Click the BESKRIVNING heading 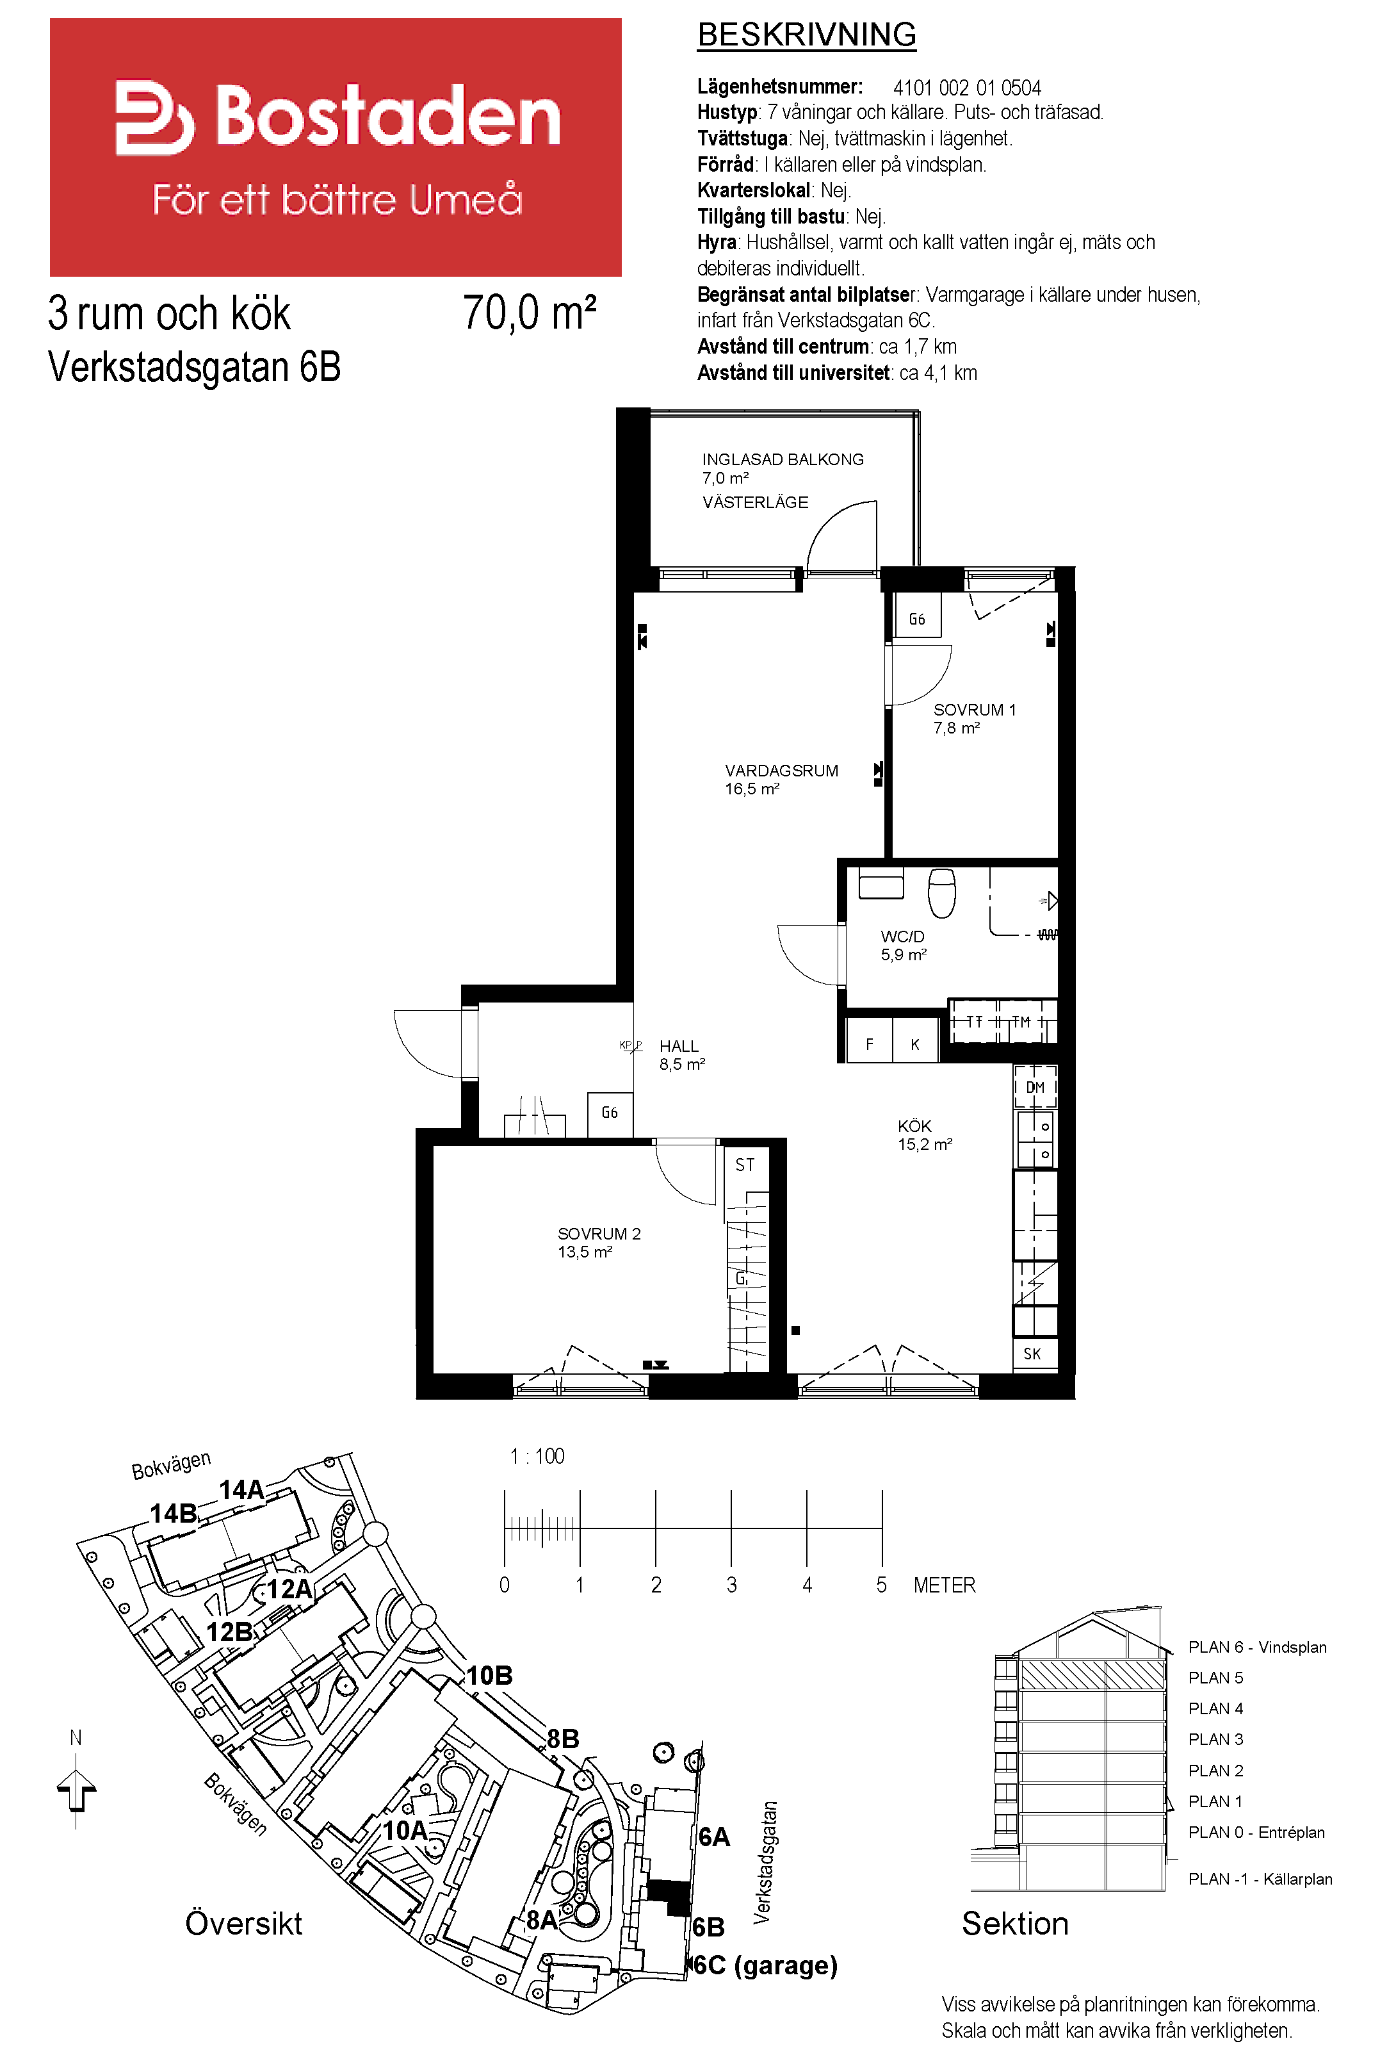pyautogui.click(x=806, y=35)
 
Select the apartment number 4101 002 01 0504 pyautogui.click(x=967, y=88)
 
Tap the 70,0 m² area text pyautogui.click(x=530, y=313)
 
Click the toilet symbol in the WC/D pyautogui.click(x=941, y=893)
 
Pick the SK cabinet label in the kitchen pyautogui.click(x=1032, y=1353)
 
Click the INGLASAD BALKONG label pyautogui.click(x=783, y=459)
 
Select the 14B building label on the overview pyautogui.click(x=174, y=1513)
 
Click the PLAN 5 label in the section pyautogui.click(x=1215, y=1678)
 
